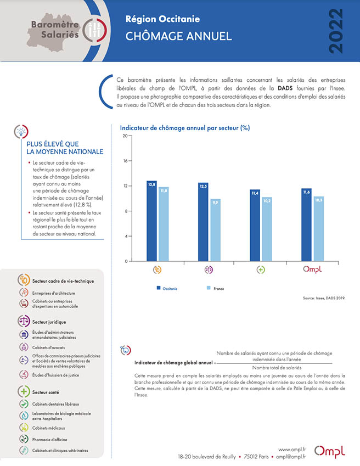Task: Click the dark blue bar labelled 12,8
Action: tap(151, 221)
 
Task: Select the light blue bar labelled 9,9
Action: tap(215, 230)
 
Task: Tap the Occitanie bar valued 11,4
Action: tap(255, 225)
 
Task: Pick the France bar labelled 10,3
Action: tap(319, 229)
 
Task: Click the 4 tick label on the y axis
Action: tap(126, 236)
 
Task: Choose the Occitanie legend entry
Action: tap(167, 288)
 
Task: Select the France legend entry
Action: tap(215, 288)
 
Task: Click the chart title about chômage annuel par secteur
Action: tap(185, 128)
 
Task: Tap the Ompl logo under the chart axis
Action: tap(312, 270)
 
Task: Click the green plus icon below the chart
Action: tap(261, 270)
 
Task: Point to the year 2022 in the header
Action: tap(336, 31)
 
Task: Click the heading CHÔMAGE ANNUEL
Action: tap(178, 36)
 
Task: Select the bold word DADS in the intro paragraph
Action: tap(285, 88)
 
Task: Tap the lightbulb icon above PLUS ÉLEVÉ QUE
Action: tap(21, 131)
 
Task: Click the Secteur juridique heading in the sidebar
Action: tap(49, 322)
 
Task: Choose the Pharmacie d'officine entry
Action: tap(49, 440)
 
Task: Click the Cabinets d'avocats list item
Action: tap(48, 347)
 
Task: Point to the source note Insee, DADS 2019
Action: tap(324, 298)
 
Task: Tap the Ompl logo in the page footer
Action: tap(329, 451)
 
